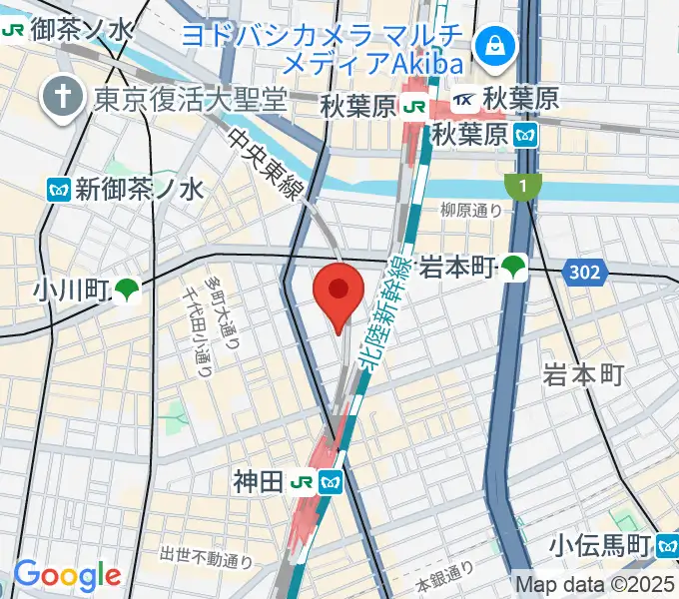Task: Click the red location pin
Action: coord(339,293)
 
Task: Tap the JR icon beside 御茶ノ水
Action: coord(14,31)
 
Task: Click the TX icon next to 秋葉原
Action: coord(466,100)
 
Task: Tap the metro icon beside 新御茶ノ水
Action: coord(59,189)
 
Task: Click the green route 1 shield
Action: coord(521,186)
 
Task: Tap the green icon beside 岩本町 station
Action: coord(514,267)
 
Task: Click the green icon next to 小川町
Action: coord(127,291)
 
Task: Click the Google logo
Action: coord(67,576)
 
